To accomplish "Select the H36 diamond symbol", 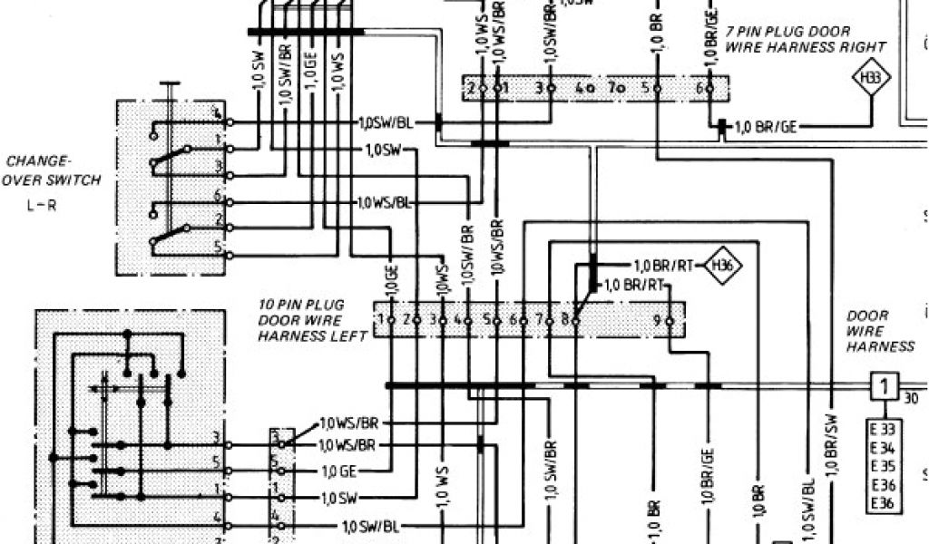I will (x=723, y=266).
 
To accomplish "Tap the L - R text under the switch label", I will (x=42, y=205).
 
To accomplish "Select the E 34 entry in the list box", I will (x=884, y=449).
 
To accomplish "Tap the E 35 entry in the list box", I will (x=884, y=467).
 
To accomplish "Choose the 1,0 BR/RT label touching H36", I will (x=662, y=266).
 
